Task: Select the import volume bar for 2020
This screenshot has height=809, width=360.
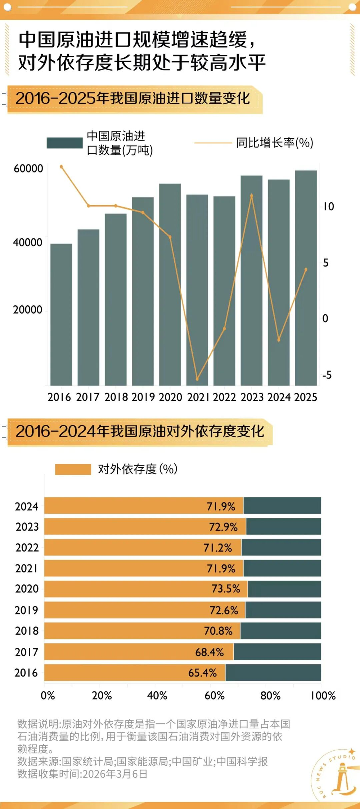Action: [x=170, y=284]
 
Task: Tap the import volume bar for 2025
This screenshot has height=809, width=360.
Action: [x=306, y=278]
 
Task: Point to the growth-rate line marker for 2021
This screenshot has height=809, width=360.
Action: [x=197, y=379]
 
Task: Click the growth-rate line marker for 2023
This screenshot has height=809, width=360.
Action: [x=252, y=196]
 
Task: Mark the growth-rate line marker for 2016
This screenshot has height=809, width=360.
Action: [x=62, y=167]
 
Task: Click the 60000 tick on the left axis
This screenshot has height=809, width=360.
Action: [x=28, y=168]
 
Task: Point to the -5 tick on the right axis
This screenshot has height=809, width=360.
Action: [x=327, y=375]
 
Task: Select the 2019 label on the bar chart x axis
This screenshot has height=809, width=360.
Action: [x=143, y=397]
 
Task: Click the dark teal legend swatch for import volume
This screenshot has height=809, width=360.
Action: [x=65, y=143]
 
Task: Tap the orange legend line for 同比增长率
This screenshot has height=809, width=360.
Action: [x=212, y=143]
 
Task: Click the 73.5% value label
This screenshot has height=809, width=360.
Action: [x=226, y=589]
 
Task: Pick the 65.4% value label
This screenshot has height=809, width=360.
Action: [x=202, y=673]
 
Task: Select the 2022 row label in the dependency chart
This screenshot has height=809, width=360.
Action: [x=27, y=548]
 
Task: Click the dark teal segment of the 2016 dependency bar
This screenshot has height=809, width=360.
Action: [x=273, y=673]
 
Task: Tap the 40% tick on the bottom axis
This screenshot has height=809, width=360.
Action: [x=157, y=695]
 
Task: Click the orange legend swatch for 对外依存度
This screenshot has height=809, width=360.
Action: [x=73, y=469]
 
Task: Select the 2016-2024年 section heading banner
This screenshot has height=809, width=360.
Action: [x=140, y=431]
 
